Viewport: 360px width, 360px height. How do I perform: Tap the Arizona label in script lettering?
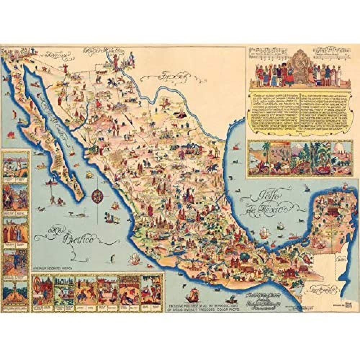click(x=58, y=55)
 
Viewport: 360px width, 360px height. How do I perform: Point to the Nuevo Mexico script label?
click(x=96, y=51)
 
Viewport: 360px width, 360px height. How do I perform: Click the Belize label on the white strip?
click(x=339, y=258)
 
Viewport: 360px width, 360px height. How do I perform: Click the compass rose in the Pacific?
click(x=97, y=196)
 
